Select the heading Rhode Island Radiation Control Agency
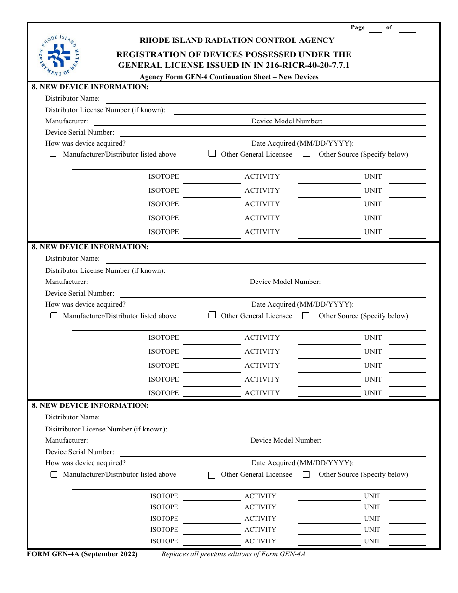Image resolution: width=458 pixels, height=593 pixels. click(x=237, y=40)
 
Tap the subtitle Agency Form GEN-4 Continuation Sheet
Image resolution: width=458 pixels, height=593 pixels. click(x=229, y=77)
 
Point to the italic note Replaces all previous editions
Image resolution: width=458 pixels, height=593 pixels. click(x=233, y=554)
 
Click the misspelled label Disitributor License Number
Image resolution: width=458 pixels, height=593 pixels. click(x=106, y=429)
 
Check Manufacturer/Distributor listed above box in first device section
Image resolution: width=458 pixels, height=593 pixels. click(x=54, y=154)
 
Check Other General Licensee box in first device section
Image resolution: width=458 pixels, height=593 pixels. click(x=212, y=154)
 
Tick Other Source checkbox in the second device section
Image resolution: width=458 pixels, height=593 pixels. click(x=306, y=316)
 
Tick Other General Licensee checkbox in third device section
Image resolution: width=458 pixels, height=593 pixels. click(x=212, y=475)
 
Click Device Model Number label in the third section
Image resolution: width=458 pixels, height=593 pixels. click(x=286, y=440)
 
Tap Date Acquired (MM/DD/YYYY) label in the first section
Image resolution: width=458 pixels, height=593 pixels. click(x=302, y=143)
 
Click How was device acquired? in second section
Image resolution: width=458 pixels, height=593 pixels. click(x=85, y=304)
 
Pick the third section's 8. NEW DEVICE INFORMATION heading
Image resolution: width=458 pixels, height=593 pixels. click(x=90, y=405)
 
